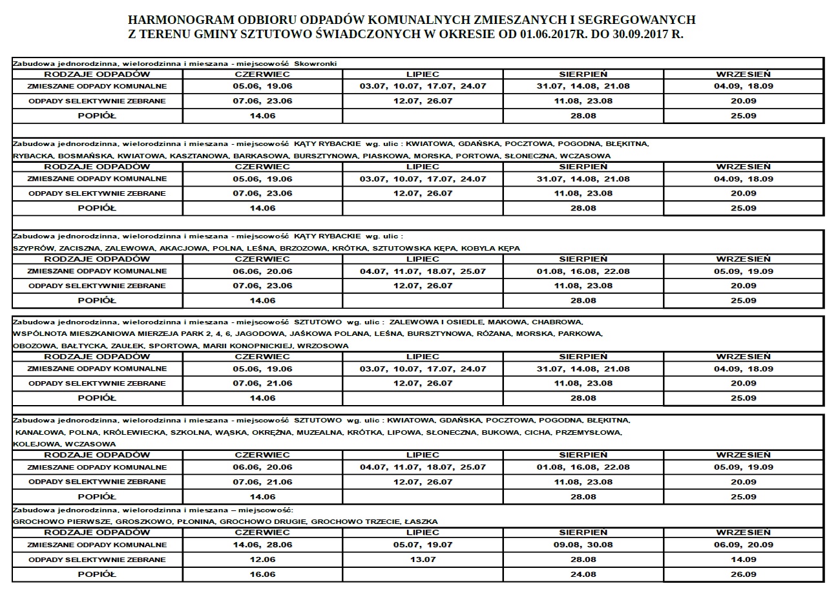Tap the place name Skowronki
[x=317, y=63]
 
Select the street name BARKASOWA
[x=262, y=156]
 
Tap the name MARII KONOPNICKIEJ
[x=249, y=346]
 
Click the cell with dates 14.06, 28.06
[x=262, y=545]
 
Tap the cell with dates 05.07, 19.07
[x=423, y=545]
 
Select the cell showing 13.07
[x=423, y=559]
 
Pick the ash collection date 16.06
[x=262, y=574]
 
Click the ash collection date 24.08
[x=583, y=574]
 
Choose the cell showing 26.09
[x=743, y=574]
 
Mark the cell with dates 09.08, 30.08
[x=583, y=545]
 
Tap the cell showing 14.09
[x=743, y=559]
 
